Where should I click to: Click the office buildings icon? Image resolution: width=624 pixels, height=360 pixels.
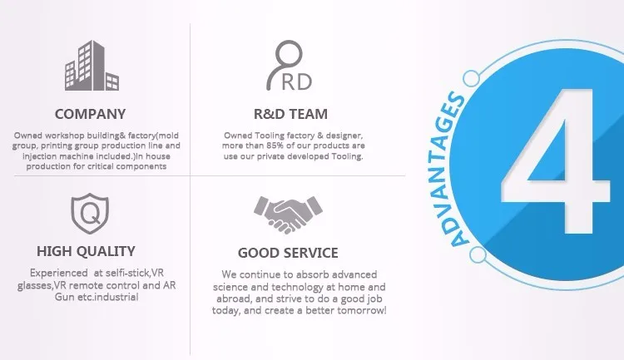[x=92, y=66]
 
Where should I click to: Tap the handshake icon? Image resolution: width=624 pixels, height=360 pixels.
[x=288, y=215]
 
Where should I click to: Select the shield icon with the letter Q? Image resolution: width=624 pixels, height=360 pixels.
[x=90, y=213]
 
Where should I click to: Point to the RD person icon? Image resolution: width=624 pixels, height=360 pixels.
[x=289, y=66]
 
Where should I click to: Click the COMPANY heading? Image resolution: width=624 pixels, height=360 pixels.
[x=90, y=114]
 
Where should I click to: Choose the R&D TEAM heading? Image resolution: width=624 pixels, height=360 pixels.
[x=290, y=114]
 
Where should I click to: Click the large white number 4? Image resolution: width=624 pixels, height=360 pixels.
[x=556, y=160]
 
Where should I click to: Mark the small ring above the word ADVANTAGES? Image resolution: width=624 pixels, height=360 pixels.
[x=472, y=78]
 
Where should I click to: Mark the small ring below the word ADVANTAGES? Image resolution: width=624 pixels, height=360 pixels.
[x=478, y=254]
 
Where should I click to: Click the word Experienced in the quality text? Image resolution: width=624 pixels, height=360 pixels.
[x=58, y=274]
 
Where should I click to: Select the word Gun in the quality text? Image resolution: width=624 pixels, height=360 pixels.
[x=64, y=297]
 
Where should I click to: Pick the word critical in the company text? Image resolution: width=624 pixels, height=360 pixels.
[x=101, y=166]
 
